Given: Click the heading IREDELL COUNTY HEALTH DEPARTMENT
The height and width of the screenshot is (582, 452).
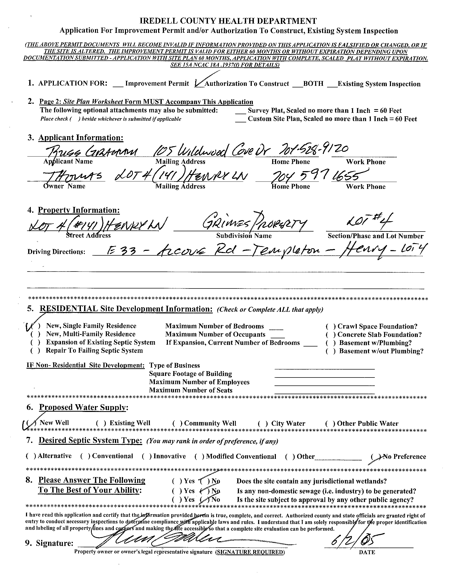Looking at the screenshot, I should (x=228, y=21).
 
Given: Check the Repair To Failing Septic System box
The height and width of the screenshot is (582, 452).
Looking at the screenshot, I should (x=36, y=351).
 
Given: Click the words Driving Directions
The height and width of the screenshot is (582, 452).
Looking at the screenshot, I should (x=56, y=252).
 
